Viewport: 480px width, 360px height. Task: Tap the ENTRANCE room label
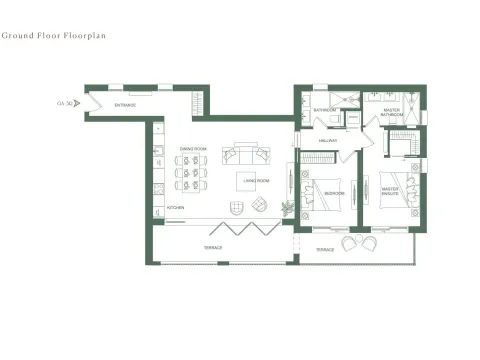click(x=125, y=105)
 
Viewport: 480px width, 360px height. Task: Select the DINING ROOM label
click(x=193, y=149)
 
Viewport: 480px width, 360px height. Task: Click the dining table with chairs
click(x=193, y=178)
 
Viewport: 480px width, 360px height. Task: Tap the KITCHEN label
click(x=175, y=208)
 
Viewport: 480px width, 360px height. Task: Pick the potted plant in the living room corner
click(x=288, y=208)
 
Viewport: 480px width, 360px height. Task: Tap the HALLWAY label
click(x=327, y=141)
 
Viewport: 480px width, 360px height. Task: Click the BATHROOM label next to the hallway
click(x=323, y=110)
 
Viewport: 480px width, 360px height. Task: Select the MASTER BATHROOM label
click(x=391, y=113)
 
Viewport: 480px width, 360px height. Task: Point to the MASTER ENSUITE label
click(x=390, y=185)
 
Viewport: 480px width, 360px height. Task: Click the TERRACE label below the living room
click(x=214, y=247)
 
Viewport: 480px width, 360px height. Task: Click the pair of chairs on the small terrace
click(x=356, y=243)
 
